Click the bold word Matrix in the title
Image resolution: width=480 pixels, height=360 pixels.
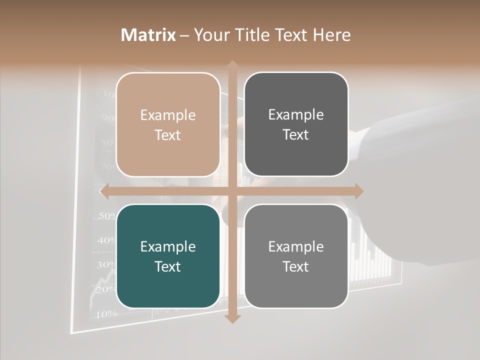(x=148, y=35)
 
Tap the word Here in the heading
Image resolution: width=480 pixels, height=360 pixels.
(x=331, y=35)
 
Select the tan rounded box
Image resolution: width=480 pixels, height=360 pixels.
(x=168, y=124)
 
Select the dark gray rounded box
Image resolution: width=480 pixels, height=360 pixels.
(x=296, y=124)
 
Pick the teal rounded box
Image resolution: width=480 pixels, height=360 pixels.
(x=168, y=256)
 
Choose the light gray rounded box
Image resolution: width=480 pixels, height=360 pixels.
(x=296, y=256)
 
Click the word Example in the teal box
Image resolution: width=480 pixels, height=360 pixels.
(x=168, y=246)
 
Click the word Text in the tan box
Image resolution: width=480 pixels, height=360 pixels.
(x=168, y=135)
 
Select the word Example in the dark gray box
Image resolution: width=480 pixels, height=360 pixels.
(x=296, y=115)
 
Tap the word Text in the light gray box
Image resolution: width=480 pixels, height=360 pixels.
(x=296, y=266)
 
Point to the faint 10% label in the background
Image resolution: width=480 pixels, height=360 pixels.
(x=106, y=314)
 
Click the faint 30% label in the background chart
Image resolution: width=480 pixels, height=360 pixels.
(x=105, y=265)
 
